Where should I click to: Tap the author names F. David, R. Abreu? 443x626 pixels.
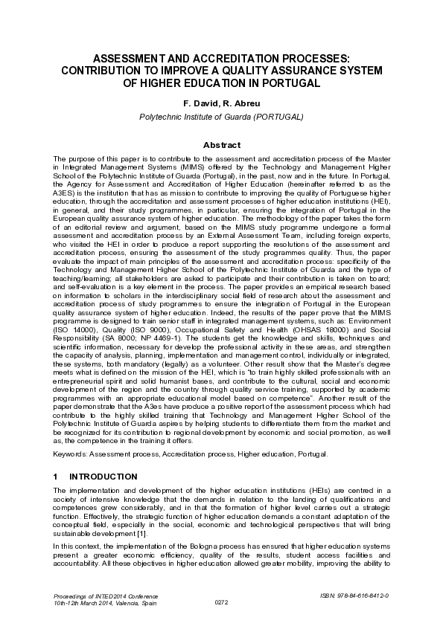coord(221,103)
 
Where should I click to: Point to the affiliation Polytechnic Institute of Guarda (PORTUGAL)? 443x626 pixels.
coord(221,117)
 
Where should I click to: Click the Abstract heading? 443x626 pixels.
coord(221,145)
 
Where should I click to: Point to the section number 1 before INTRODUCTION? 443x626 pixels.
coord(56,476)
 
